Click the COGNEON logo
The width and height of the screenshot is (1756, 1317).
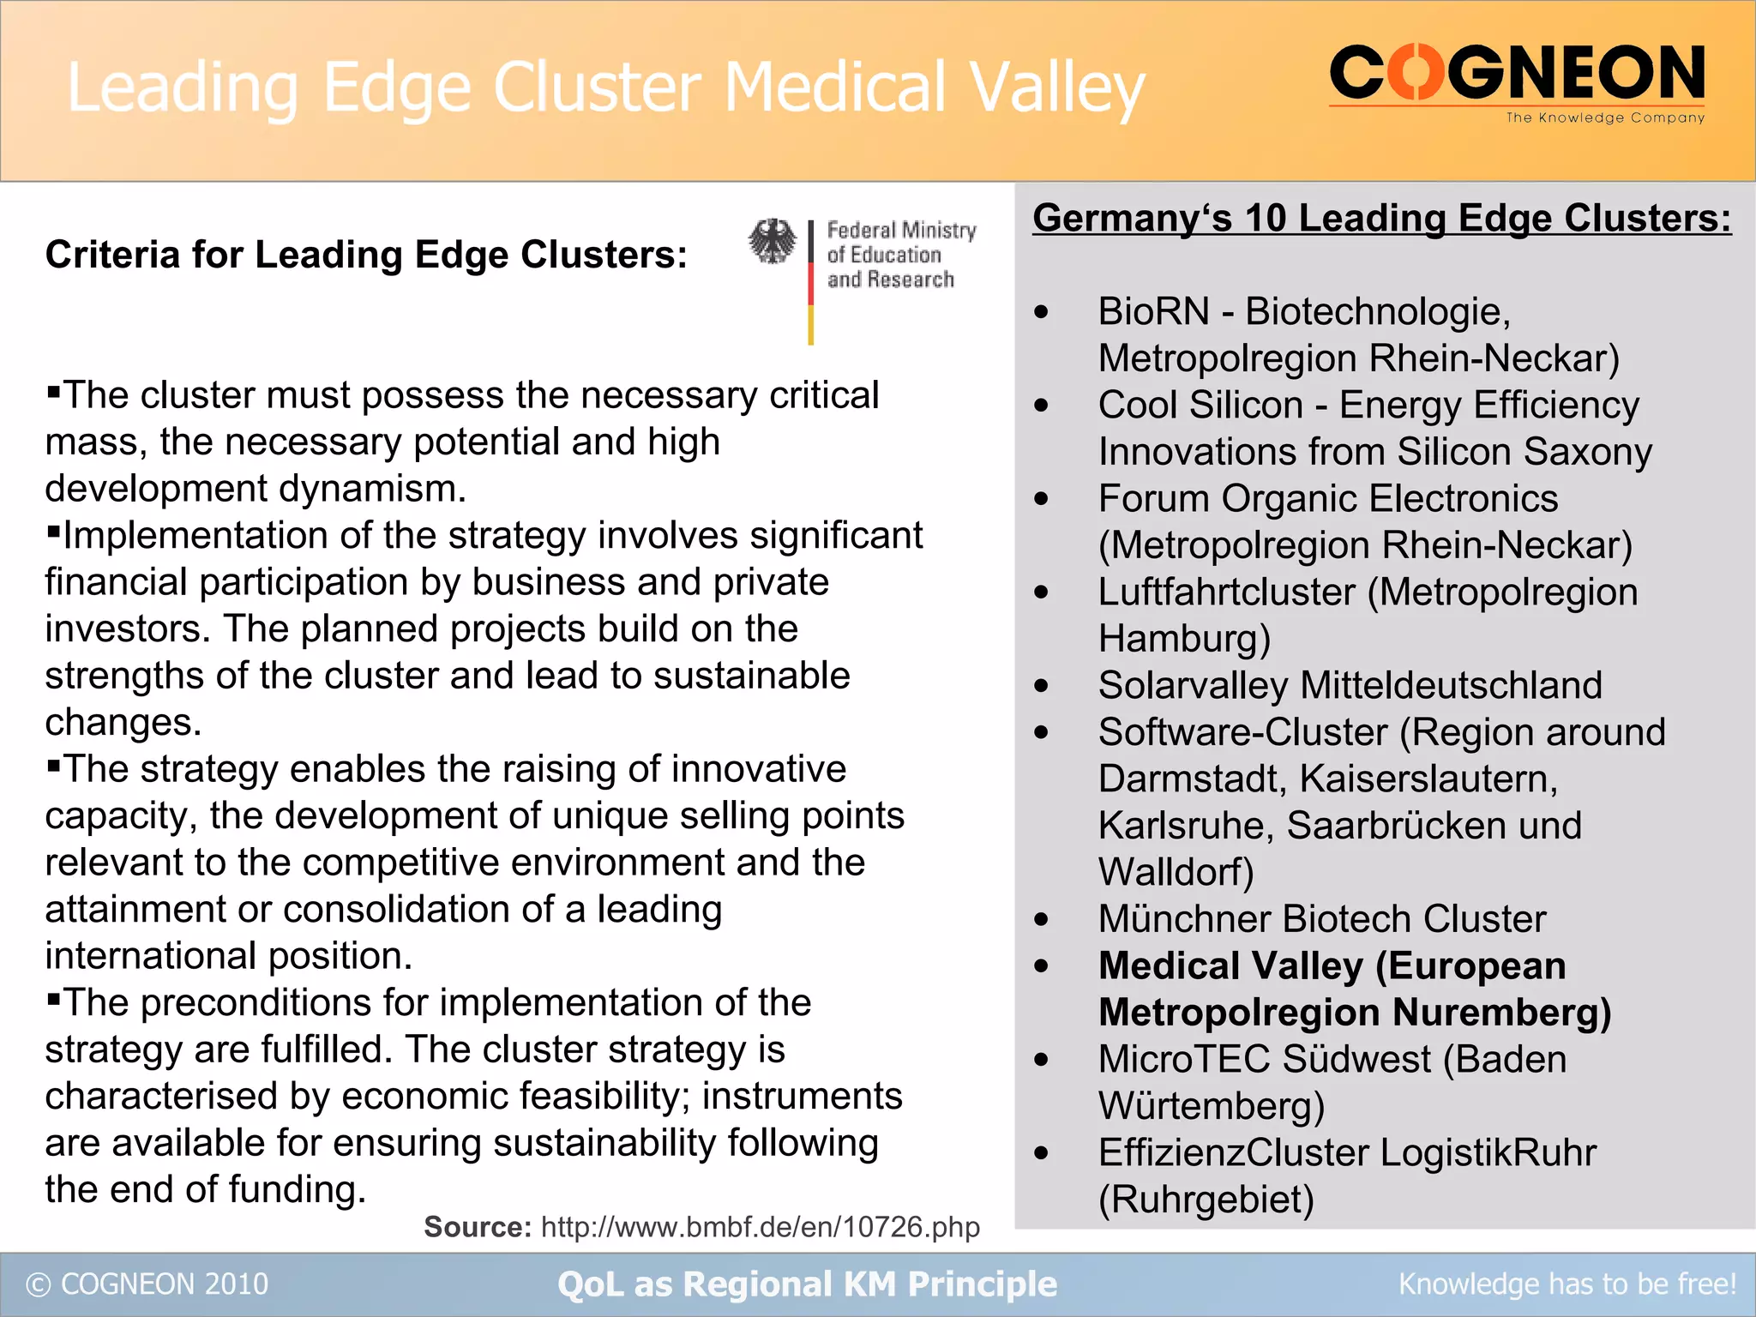[x=1516, y=75]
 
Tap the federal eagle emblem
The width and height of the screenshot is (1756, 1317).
[x=773, y=241]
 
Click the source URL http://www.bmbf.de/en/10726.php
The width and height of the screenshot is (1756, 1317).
[x=760, y=1227]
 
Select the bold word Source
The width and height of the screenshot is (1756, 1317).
[x=478, y=1227]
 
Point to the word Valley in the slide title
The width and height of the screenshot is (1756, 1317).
[x=1057, y=87]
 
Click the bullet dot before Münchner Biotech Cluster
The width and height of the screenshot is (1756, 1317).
[x=1041, y=920]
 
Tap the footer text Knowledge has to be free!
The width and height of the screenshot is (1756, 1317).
[x=1567, y=1284]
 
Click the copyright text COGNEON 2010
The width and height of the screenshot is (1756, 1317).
[x=164, y=1284]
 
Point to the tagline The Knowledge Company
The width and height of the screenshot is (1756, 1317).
[x=1605, y=117]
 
